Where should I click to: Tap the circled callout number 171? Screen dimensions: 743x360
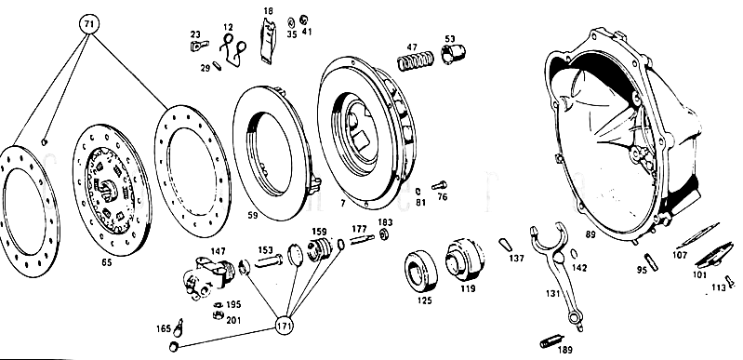285,326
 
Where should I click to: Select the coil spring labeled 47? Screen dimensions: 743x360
415,61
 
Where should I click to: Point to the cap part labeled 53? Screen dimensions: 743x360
453,54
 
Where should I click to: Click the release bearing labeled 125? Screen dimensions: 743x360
420,273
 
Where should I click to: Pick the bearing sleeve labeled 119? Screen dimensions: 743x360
465,259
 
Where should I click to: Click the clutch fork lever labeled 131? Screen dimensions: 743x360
555,268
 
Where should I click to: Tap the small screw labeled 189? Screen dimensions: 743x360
551,341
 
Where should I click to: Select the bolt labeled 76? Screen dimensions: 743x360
439,185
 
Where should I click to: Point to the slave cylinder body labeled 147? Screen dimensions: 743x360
207,278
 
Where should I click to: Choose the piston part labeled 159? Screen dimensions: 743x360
318,249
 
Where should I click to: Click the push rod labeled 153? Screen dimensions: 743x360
268,260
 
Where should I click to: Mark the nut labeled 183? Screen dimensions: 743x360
384,233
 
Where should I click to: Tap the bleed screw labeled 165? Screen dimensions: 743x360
179,326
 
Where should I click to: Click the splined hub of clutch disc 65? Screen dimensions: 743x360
108,187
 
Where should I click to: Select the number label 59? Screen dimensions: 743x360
253,215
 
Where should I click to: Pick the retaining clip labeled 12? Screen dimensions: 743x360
232,51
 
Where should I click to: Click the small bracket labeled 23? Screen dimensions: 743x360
200,46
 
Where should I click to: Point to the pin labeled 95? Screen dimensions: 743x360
652,262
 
